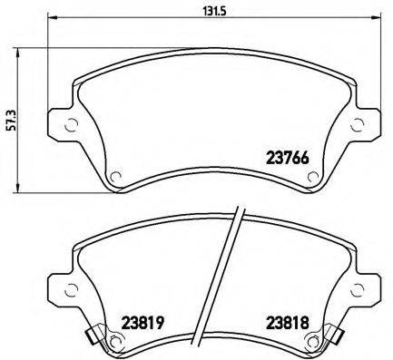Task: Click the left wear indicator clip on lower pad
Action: [x=93, y=338]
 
